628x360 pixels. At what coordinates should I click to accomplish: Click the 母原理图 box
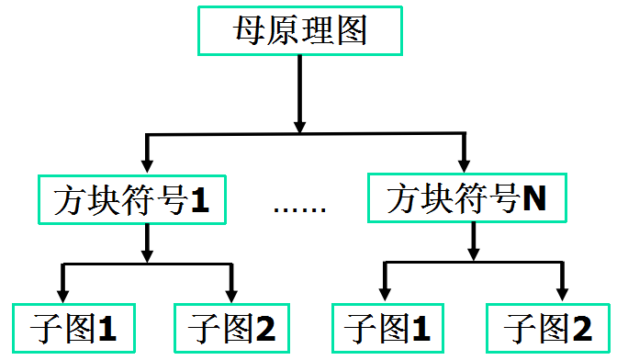(298, 32)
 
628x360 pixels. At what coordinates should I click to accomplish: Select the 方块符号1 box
(131, 199)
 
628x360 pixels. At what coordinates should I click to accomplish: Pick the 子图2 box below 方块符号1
(226, 326)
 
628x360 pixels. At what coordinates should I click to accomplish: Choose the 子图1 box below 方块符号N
(382, 326)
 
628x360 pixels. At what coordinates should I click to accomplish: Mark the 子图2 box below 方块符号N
(547, 326)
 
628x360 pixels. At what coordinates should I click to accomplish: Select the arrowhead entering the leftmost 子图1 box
(62, 294)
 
